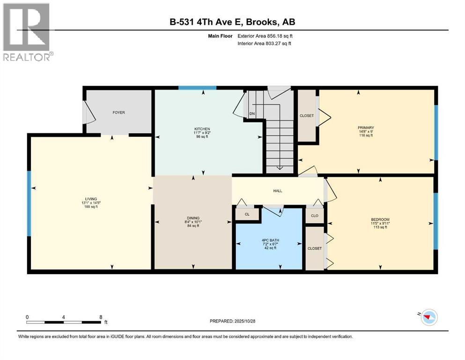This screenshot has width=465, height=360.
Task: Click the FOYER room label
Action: click(118, 112)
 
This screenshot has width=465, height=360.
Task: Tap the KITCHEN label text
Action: click(202, 129)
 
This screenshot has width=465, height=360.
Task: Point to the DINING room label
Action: click(193, 218)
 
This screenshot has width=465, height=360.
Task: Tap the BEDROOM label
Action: click(380, 220)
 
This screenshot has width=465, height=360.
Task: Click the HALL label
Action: click(278, 191)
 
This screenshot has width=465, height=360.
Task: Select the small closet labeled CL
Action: click(247, 214)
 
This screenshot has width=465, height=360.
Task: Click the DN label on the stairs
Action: click(252, 114)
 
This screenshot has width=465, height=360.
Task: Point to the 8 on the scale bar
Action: click(100, 316)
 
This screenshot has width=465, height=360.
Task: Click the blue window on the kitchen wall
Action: click(197, 87)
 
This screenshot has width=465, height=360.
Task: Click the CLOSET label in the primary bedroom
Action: click(307, 116)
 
